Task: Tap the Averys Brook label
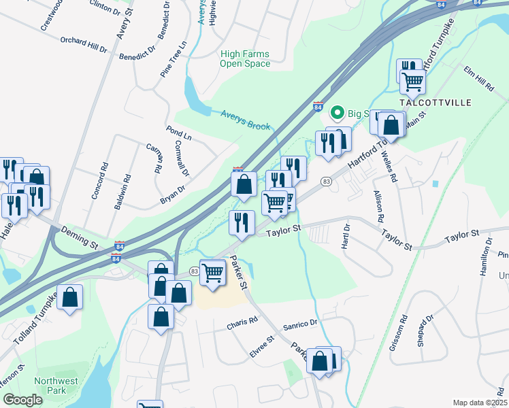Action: coord(245,120)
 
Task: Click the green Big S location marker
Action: coord(335,112)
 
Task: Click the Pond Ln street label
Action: coord(179,132)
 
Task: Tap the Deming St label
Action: coord(81,235)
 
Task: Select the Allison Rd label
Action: coord(378,206)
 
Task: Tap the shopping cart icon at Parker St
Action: coord(213,272)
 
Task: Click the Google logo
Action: coord(22,400)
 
